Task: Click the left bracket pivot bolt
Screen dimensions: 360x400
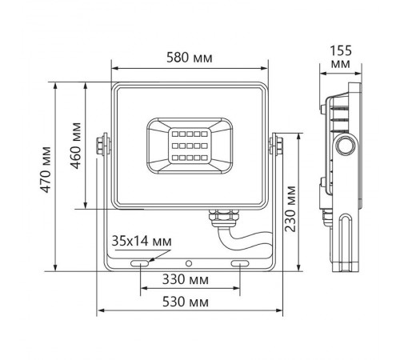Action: click(102, 144)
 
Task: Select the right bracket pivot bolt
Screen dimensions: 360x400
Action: click(276, 144)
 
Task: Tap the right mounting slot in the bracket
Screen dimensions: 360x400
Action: click(239, 262)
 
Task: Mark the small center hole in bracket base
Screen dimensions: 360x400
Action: click(190, 262)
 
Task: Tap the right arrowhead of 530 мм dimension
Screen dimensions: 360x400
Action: click(281, 311)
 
